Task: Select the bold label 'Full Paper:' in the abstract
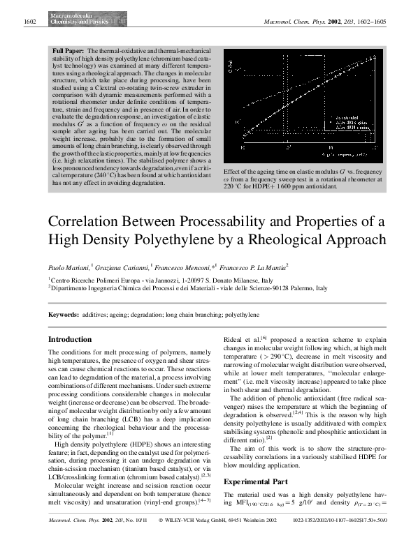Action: coord(69,52)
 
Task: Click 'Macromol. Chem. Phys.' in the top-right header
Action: coord(291,23)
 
